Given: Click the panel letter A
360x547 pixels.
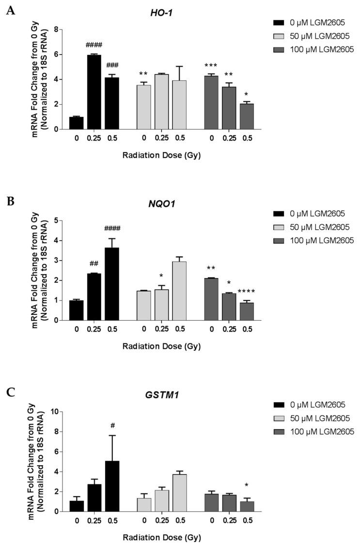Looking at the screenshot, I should point(9,10).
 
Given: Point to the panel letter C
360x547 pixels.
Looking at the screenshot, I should point(9,392).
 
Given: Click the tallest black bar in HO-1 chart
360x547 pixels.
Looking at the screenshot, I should point(94,92).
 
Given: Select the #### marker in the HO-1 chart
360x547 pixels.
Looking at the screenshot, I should point(94,46).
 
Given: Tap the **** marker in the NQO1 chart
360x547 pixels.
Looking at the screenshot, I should point(246,292).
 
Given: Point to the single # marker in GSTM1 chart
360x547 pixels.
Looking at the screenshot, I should point(112,425).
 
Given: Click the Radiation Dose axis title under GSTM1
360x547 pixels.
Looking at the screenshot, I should point(161,537).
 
